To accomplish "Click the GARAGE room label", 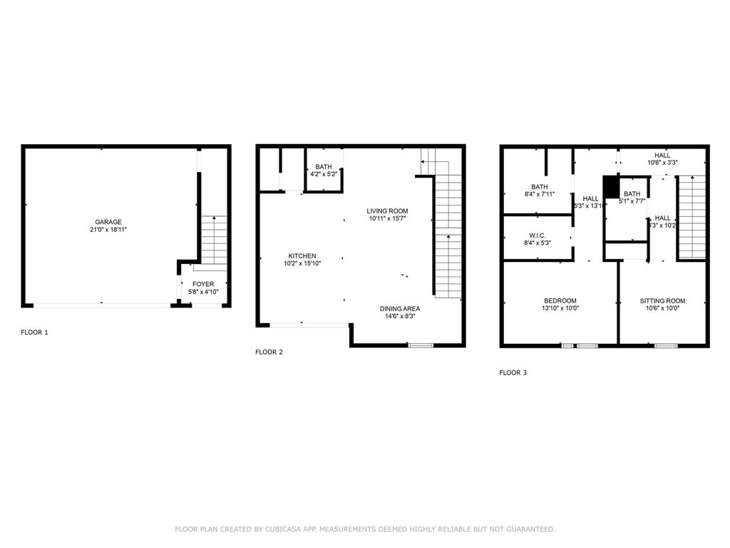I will [x=108, y=222].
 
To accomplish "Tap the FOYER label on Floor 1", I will [x=203, y=284].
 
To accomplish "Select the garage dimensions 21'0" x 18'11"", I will [x=108, y=230].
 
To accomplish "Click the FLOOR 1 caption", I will [x=34, y=333].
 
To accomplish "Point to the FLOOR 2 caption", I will [x=269, y=352].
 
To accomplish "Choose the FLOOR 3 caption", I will [x=513, y=372].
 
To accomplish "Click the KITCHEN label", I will [x=302, y=256].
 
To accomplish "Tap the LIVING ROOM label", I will [x=387, y=210].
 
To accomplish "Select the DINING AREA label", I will [x=399, y=309].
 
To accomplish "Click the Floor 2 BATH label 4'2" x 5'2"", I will [x=323, y=168].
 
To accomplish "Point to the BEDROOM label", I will [x=560, y=301].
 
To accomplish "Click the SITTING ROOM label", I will [x=662, y=301].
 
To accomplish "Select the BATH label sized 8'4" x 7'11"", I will [x=538, y=187].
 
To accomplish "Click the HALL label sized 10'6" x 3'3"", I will [x=662, y=155].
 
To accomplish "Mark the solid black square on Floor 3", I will [x=611, y=186].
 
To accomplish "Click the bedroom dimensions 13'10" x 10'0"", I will [x=560, y=309].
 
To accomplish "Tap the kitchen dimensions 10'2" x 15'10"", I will [x=302, y=264].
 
